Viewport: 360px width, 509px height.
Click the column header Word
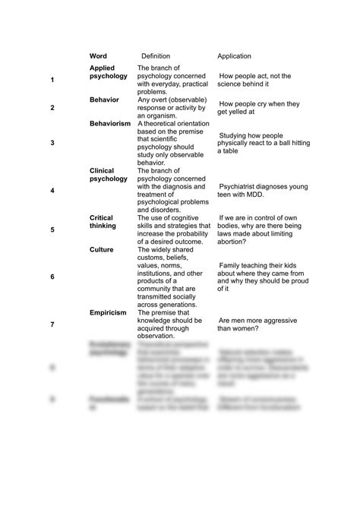(x=98, y=56)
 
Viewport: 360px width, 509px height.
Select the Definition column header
(x=156, y=56)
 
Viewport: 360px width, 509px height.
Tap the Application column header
(x=234, y=56)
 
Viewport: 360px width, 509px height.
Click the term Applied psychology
(x=109, y=73)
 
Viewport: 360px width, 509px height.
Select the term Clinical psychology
(x=109, y=175)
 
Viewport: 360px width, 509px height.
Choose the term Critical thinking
(x=103, y=221)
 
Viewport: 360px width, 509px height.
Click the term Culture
(x=102, y=248)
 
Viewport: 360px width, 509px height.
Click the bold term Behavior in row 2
(x=104, y=100)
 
